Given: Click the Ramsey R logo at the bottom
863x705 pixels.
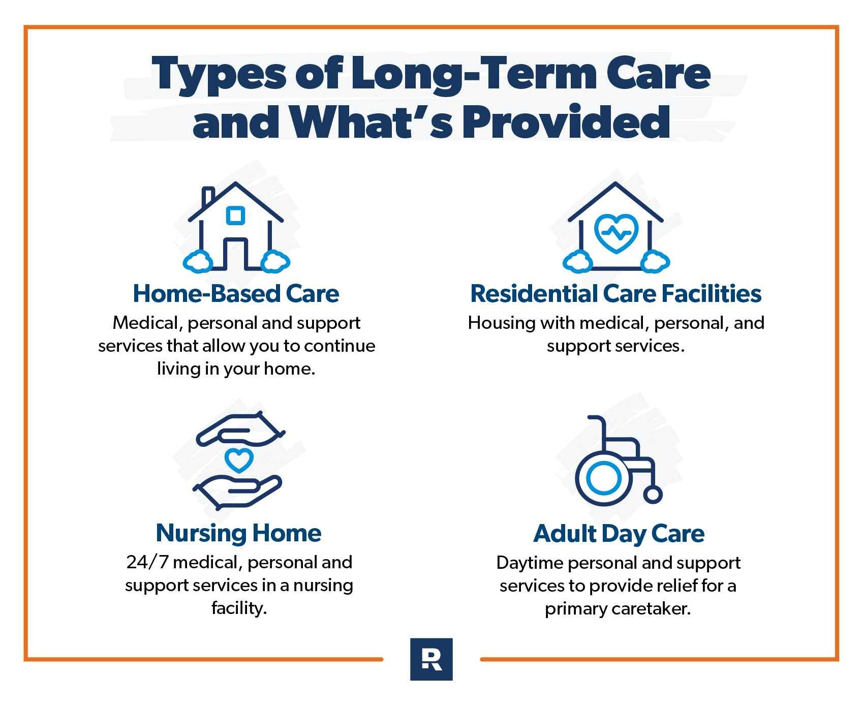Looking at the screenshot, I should coord(431,659).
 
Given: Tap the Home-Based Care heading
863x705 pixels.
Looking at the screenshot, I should coord(236,294).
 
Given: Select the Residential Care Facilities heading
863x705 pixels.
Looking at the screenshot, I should coord(615,294).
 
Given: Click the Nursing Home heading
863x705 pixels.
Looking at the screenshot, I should coord(238,533).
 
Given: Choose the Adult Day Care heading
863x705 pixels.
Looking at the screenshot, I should coord(619,533).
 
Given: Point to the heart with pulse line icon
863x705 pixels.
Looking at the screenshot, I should coord(615,233).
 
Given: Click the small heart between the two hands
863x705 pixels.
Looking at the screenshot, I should coord(238,460).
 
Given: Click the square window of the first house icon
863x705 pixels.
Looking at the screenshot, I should coord(235,216).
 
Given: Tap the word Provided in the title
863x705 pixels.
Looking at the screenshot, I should coord(566,122).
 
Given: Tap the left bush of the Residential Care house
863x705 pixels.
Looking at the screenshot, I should coord(578,262).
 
